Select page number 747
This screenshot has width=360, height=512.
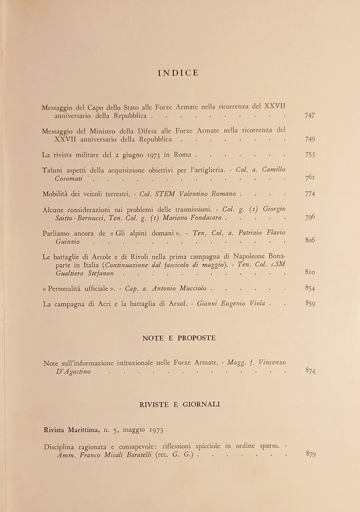click(309, 116)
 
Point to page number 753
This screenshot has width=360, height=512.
click(309, 155)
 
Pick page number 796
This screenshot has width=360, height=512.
click(309, 217)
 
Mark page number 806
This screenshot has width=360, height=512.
click(309, 240)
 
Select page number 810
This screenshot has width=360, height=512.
click(309, 272)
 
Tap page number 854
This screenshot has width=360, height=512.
click(309, 287)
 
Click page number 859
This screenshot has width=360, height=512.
click(309, 303)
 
